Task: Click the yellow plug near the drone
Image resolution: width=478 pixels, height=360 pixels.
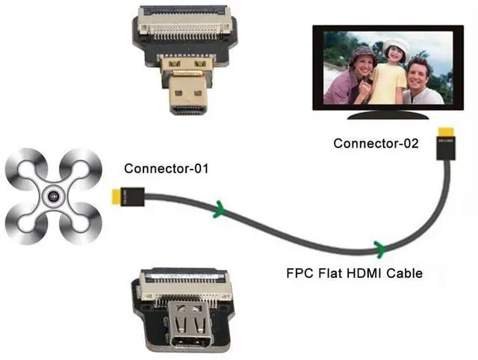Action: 117,196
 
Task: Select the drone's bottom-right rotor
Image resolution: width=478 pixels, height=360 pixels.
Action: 82,226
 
